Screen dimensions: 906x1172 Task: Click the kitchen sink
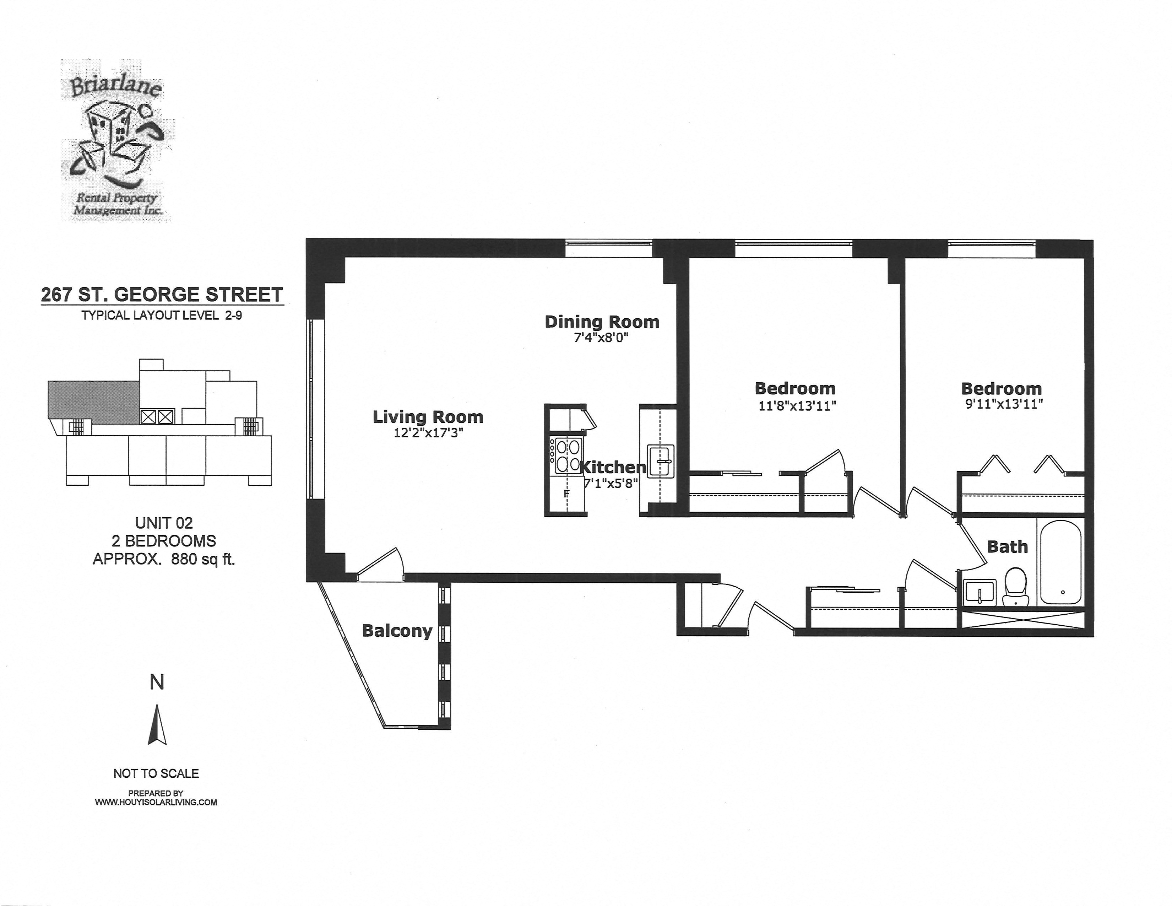(661, 460)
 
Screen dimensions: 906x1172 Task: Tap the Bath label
(1007, 547)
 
